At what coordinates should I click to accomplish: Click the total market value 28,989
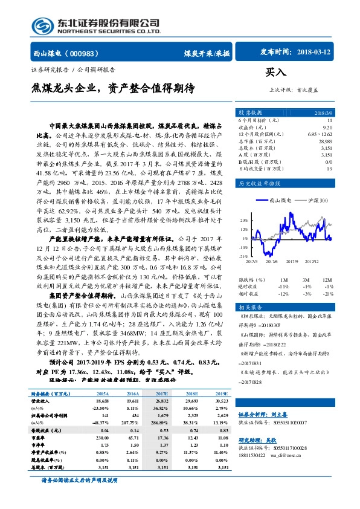click(324, 140)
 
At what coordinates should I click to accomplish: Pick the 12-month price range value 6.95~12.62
click(320, 133)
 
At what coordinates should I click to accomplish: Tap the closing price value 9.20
click(327, 126)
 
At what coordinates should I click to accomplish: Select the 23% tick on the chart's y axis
click(243, 220)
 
